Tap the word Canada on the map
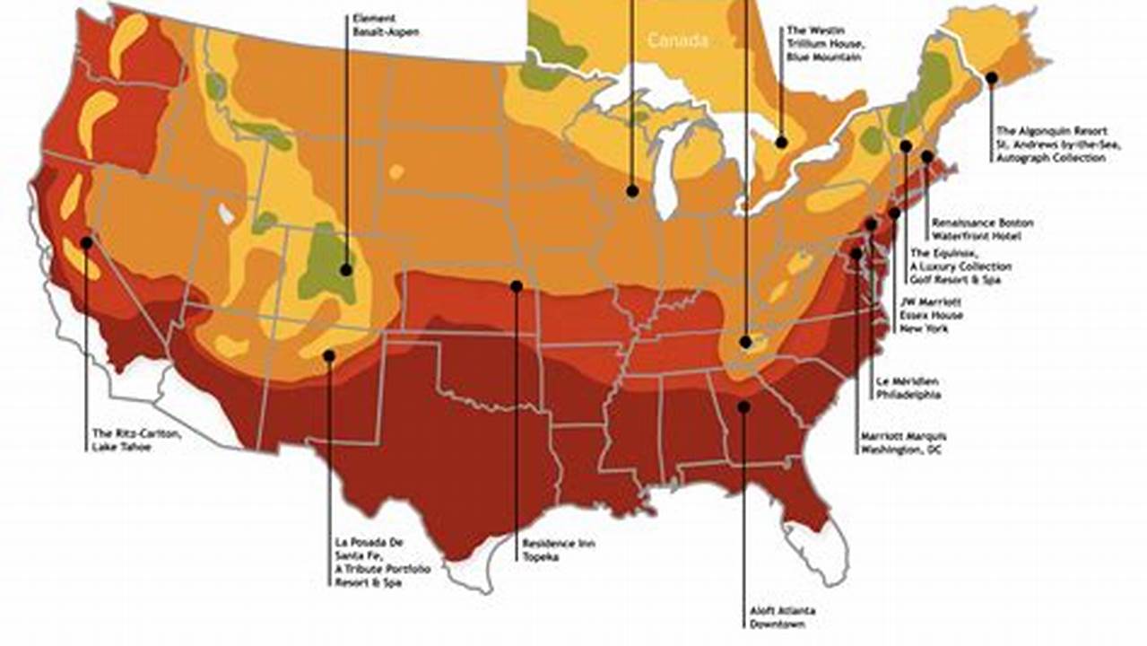pyautogui.click(x=677, y=40)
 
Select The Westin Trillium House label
pyautogui.click(x=824, y=43)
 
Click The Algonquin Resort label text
pyautogui.click(x=1050, y=144)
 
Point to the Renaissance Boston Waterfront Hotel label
pyautogui.click(x=982, y=229)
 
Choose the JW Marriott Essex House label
pyautogui.click(x=933, y=315)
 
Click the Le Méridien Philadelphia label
pyautogui.click(x=908, y=387)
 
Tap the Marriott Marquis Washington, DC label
pyautogui.click(x=901, y=442)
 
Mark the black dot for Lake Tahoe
pyautogui.click(x=86, y=242)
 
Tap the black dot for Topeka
pyautogui.click(x=517, y=286)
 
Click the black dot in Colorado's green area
pyautogui.click(x=346, y=269)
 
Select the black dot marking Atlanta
pyautogui.click(x=743, y=406)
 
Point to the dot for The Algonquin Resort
pyautogui.click(x=991, y=78)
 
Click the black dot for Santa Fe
pyautogui.click(x=329, y=355)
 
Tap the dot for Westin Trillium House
pyautogui.click(x=781, y=142)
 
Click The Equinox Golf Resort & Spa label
pyautogui.click(x=960, y=266)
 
